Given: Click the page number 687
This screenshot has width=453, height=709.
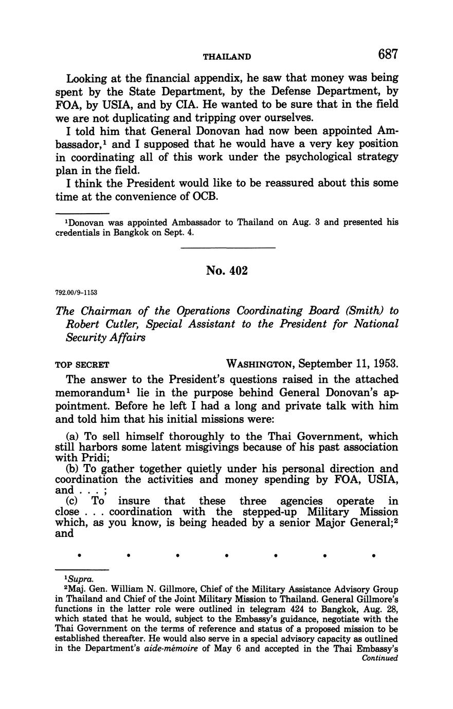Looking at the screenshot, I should click(x=388, y=54).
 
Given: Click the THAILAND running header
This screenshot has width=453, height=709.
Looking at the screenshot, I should click(x=227, y=56).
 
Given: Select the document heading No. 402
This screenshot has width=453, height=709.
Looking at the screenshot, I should click(x=227, y=271).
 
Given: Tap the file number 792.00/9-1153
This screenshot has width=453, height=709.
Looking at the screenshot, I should click(x=76, y=292).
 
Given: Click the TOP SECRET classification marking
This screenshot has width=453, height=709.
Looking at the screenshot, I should click(x=82, y=365).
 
